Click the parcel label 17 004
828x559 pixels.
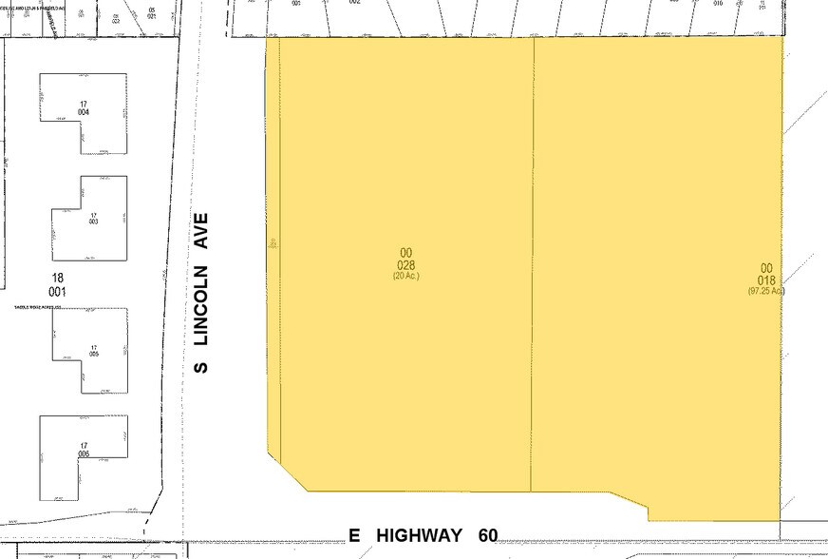click(84, 108)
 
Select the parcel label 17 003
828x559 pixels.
click(93, 217)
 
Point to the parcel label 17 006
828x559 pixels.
click(84, 451)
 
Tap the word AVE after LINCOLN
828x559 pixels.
click(201, 230)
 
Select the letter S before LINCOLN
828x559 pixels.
click(201, 365)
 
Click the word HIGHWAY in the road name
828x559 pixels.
click(419, 535)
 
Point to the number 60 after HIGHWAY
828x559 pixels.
click(488, 535)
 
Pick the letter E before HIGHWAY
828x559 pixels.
click(354, 535)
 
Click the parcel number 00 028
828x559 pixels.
click(406, 260)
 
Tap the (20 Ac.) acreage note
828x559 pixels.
click(406, 276)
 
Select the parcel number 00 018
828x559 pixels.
click(767, 274)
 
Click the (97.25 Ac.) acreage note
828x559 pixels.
click(765, 290)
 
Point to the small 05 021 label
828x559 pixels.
click(152, 13)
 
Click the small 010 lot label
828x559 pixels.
click(718, 3)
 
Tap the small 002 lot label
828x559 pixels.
click(354, 2)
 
